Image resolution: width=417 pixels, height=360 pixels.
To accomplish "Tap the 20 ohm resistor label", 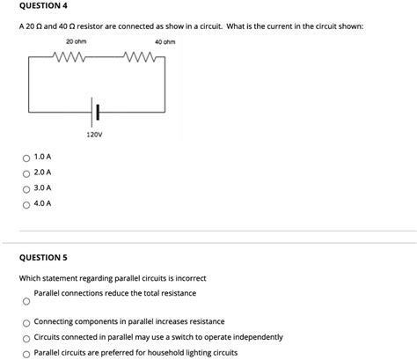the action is pyautogui.click(x=75, y=41).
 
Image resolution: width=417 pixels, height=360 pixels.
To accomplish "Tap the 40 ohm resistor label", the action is pyautogui.click(x=165, y=41).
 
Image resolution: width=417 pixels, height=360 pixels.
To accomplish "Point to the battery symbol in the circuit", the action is pyautogui.click(x=96, y=111).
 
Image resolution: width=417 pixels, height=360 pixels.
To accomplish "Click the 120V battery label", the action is pyautogui.click(x=95, y=135).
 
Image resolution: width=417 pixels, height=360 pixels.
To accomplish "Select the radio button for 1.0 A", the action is pyautogui.click(x=27, y=158).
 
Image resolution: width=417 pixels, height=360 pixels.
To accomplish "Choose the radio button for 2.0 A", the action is pyautogui.click(x=27, y=173).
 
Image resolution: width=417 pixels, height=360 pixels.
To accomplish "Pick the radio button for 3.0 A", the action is pyautogui.click(x=27, y=188).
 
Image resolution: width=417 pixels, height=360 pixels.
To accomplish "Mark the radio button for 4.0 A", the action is pyautogui.click(x=27, y=203).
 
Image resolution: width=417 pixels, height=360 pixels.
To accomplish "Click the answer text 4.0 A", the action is pyautogui.click(x=42, y=203).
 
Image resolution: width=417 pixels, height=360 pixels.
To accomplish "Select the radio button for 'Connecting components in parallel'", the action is pyautogui.click(x=27, y=322).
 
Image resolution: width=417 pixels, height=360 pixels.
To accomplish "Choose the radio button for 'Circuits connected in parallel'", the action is pyautogui.click(x=27, y=338).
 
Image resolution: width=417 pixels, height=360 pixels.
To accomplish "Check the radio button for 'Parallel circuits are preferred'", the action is pyautogui.click(x=27, y=353).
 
